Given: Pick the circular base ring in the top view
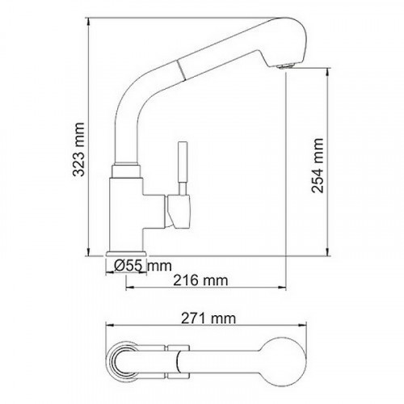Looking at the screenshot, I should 125,356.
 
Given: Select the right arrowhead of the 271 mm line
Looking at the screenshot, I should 305,327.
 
